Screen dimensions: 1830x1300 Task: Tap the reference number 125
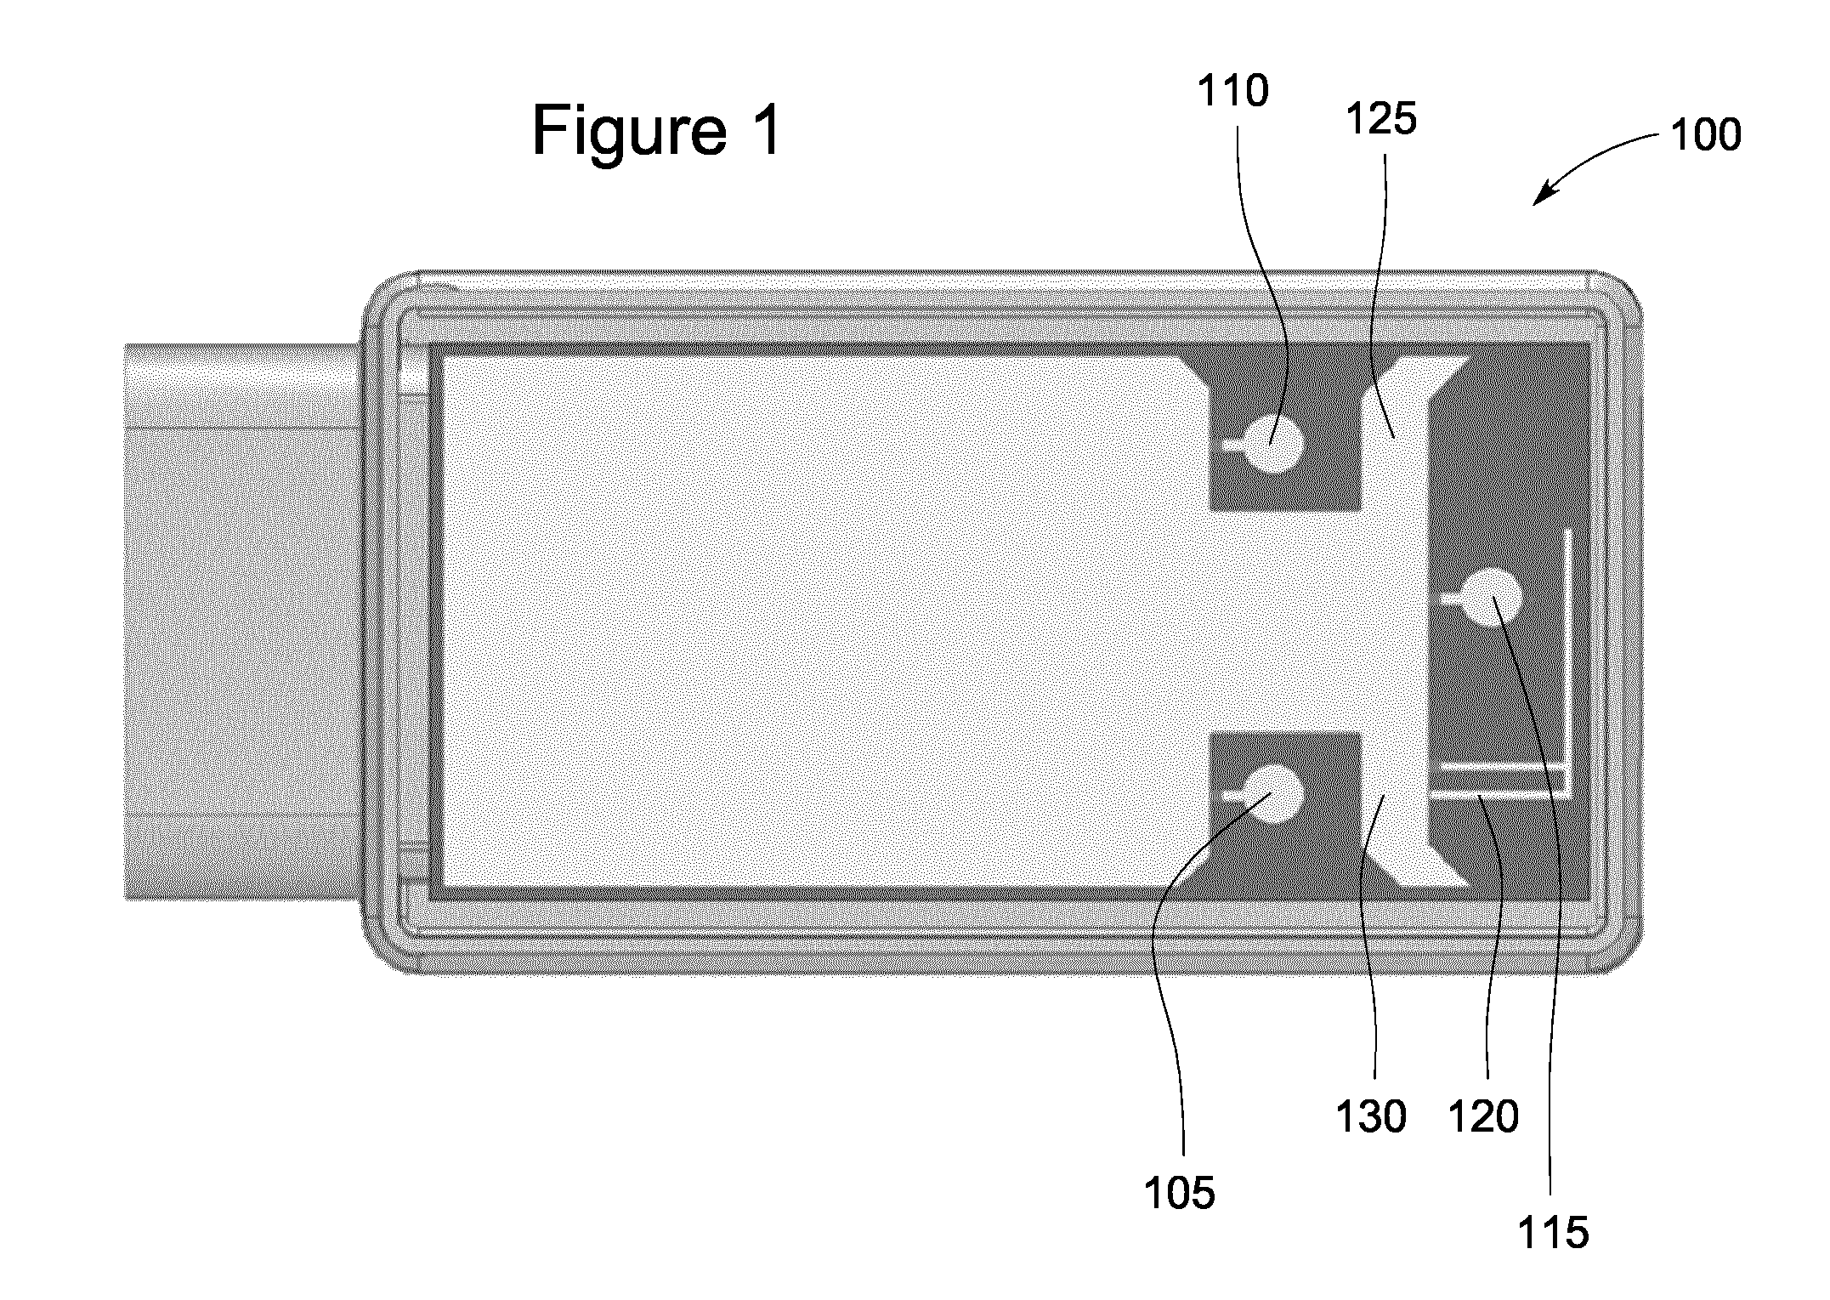tap(1381, 120)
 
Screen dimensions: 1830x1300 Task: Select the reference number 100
tap(1706, 135)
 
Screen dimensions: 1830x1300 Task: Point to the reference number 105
tap(1180, 1194)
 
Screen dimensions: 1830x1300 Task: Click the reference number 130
tap(1371, 1116)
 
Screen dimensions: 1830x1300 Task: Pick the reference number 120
tap(1483, 1116)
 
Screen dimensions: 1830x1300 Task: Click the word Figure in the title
tap(629, 133)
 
